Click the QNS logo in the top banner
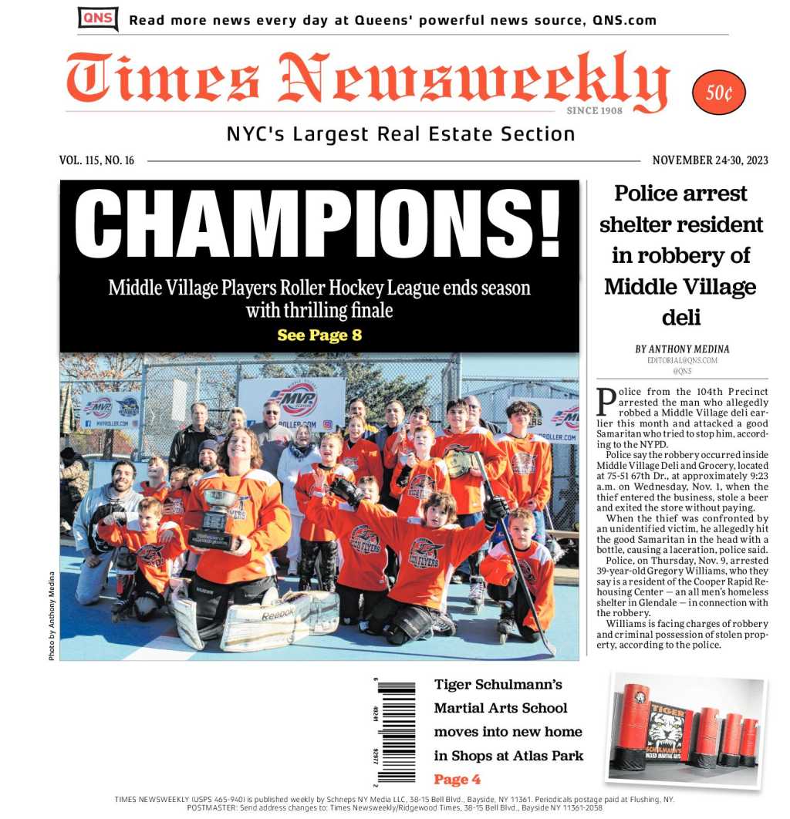98,19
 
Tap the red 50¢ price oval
718,93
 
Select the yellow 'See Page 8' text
319,335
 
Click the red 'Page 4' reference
457,779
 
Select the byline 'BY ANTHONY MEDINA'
682,349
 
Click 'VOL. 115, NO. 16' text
96,160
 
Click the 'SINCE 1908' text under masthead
594,111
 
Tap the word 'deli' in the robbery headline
680,318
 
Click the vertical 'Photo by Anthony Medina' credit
52,615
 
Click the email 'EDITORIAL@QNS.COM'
682,360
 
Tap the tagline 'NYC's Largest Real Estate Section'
400,134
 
